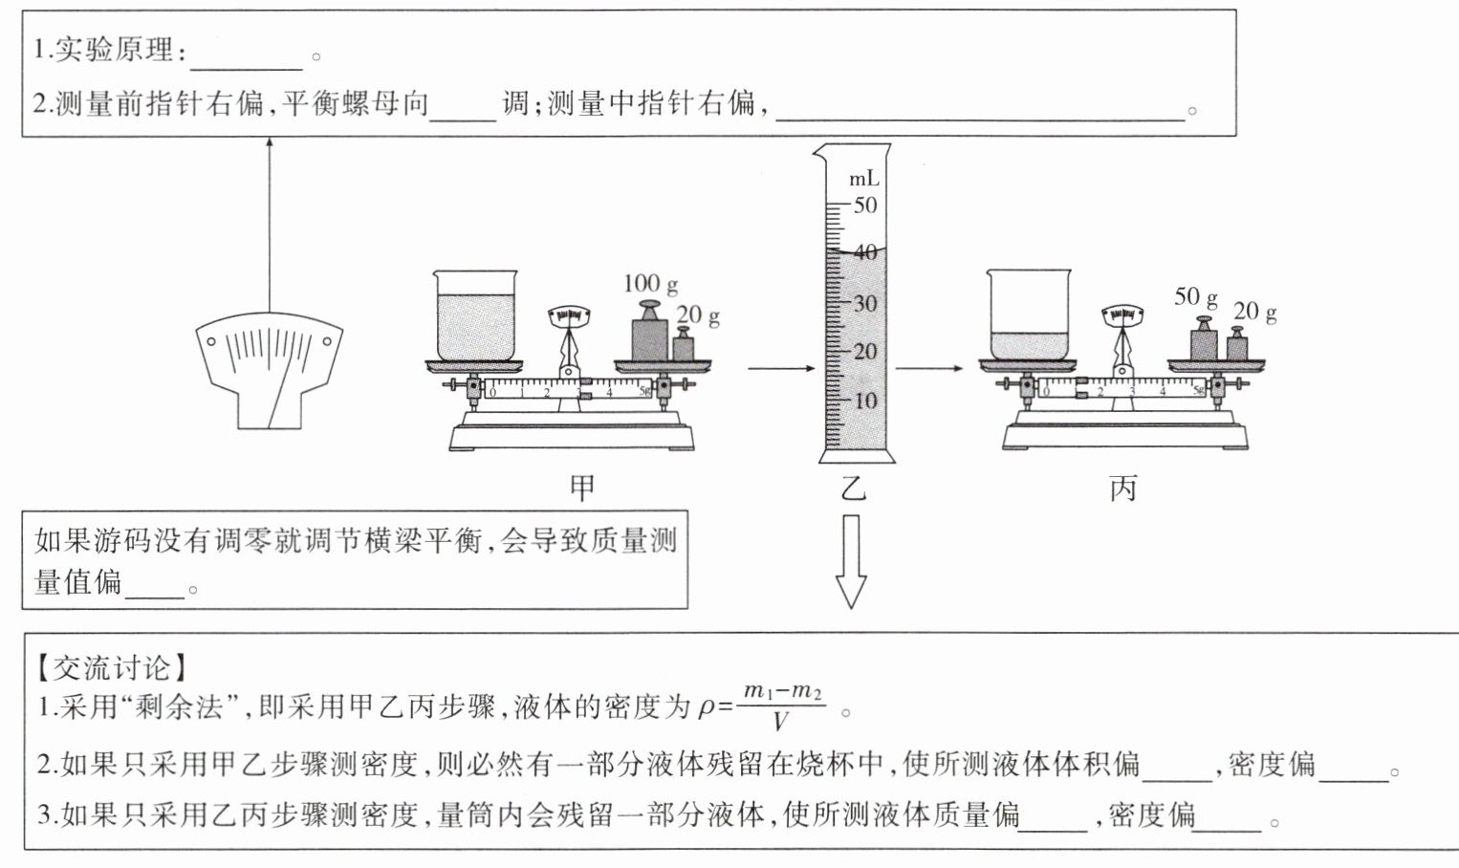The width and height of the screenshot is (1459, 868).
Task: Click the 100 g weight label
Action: click(650, 283)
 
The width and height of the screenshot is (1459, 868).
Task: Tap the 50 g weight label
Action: click(1195, 296)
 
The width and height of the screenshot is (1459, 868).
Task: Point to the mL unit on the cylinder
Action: click(863, 179)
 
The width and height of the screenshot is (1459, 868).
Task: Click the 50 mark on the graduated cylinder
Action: click(865, 205)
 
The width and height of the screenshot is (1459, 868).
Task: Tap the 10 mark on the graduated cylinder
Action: click(865, 401)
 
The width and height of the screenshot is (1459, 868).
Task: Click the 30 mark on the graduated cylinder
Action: click(865, 303)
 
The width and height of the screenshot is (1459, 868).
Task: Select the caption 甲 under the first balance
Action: click(582, 488)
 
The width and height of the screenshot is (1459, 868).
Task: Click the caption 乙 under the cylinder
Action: click(852, 488)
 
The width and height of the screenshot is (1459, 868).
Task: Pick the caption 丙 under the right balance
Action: click(1123, 488)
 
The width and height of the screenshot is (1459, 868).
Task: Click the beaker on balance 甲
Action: click(476, 315)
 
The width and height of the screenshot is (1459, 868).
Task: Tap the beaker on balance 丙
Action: click(1029, 315)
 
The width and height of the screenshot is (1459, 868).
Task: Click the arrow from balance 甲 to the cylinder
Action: click(780, 368)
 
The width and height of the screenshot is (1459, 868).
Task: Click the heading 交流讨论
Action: click(112, 666)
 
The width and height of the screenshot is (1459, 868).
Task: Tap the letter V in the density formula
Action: click(781, 721)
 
